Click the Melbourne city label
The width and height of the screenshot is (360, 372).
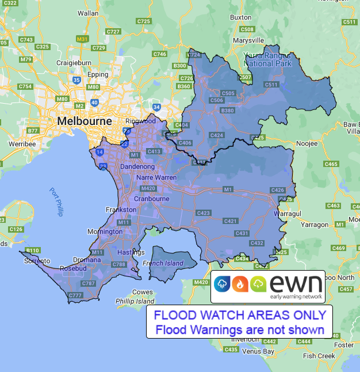pos(85,122)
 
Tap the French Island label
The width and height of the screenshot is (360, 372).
pos(163,263)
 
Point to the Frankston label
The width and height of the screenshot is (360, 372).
pos(121,210)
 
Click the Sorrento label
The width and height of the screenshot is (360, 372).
pos(34,261)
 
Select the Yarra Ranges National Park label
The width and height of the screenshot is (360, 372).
pos(267,59)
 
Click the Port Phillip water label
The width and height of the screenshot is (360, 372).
pos(56,202)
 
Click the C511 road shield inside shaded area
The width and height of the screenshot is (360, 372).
pos(271,85)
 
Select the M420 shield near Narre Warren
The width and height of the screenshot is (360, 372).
pos(148,188)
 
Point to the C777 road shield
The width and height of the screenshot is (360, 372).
pos(75,295)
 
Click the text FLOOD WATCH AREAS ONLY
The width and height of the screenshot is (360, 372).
pos(239,315)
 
